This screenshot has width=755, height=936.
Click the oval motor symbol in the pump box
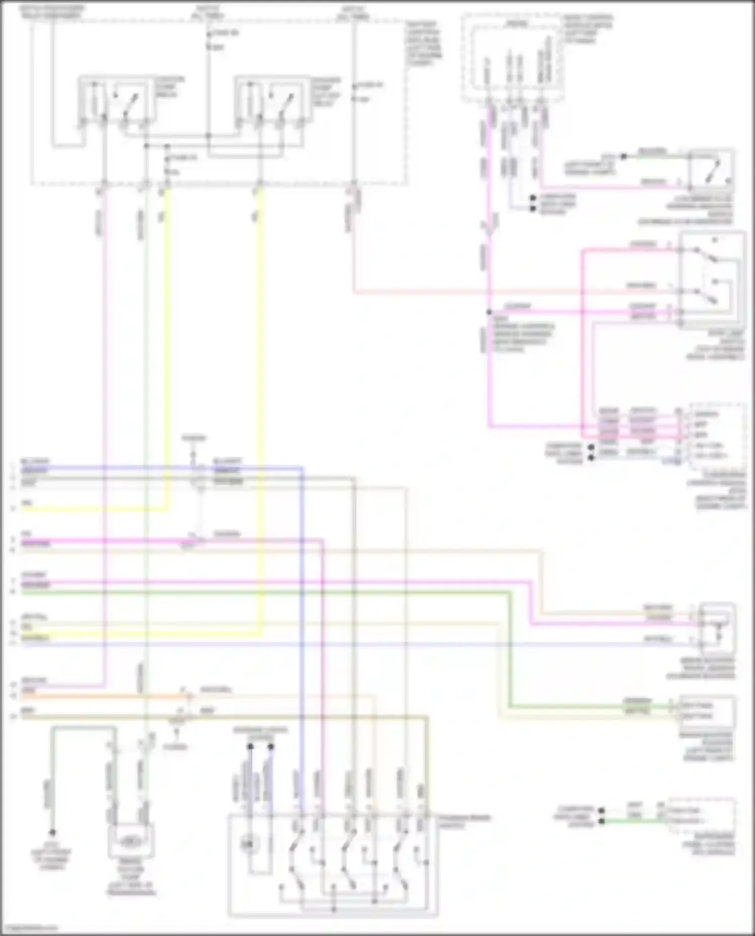tap(130, 840)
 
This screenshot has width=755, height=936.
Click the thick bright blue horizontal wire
tap(151, 468)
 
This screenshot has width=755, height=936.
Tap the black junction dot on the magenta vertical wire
tap(489, 312)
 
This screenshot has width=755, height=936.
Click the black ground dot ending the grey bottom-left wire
tap(52, 833)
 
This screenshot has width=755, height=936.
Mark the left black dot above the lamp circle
tap(250, 747)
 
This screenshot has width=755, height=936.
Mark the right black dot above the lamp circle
tap(271, 747)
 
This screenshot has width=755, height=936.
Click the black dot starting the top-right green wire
tap(623, 156)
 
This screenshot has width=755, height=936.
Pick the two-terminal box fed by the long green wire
tap(707, 710)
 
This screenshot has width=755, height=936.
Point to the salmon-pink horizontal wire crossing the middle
tap(503, 292)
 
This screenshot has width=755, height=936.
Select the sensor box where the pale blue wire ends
tap(717, 629)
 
